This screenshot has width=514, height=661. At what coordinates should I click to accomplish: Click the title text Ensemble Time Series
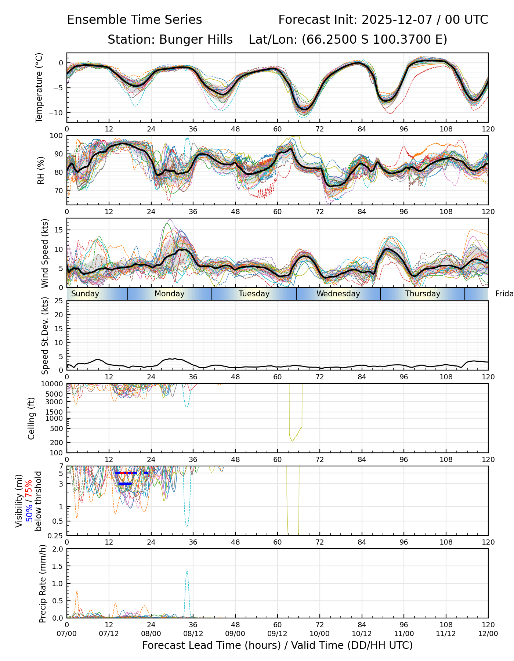134,20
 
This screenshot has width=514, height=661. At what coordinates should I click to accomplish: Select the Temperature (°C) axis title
39,87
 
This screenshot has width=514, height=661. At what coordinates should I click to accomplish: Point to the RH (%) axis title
41,170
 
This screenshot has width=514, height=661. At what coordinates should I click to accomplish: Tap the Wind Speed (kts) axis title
45,253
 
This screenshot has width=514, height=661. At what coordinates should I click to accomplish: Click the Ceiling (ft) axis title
32,418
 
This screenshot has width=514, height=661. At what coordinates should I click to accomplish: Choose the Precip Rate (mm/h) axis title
43,584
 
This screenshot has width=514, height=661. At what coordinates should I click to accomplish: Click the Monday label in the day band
169,294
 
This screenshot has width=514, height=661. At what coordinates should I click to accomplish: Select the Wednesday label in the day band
338,294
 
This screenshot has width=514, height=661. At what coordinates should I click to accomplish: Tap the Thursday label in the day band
423,294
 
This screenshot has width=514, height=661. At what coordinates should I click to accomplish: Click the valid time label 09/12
278,634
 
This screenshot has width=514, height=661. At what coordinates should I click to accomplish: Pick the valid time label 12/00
488,634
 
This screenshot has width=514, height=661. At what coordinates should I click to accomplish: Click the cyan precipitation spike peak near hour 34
187,571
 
